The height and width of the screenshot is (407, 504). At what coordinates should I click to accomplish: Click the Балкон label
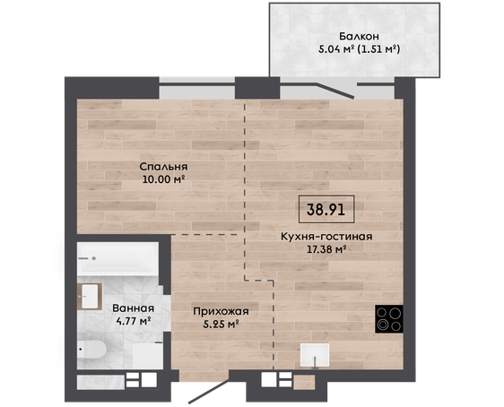click(x=359, y=36)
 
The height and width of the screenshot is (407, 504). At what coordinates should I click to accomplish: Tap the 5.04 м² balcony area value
click(x=336, y=49)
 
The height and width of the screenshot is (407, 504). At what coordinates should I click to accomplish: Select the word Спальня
click(x=163, y=167)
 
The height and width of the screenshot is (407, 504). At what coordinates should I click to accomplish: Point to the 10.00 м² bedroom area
click(x=163, y=179)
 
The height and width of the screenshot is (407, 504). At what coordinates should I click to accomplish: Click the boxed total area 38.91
click(x=326, y=210)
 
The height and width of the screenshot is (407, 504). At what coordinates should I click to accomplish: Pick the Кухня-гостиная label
click(x=326, y=237)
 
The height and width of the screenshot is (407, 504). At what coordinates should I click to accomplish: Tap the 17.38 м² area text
click(x=326, y=249)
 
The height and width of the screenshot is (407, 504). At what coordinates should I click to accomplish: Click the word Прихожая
click(x=221, y=311)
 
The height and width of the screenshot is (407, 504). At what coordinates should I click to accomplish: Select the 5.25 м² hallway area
click(x=221, y=324)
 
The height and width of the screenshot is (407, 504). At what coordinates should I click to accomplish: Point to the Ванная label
click(x=133, y=308)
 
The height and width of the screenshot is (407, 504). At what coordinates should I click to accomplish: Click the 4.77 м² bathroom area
click(x=134, y=320)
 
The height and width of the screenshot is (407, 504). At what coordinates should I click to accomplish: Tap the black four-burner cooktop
click(x=389, y=318)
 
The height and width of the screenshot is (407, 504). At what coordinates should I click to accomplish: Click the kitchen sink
click(x=315, y=355)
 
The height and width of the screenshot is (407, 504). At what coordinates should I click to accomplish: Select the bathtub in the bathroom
click(x=117, y=258)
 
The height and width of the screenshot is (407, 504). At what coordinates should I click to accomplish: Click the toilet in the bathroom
click(x=92, y=350)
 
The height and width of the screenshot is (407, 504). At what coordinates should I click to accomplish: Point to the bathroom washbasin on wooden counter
click(x=90, y=296)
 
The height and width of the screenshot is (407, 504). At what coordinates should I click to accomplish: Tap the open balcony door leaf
click(x=335, y=91)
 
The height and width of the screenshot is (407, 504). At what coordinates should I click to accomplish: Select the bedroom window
click(x=197, y=88)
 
